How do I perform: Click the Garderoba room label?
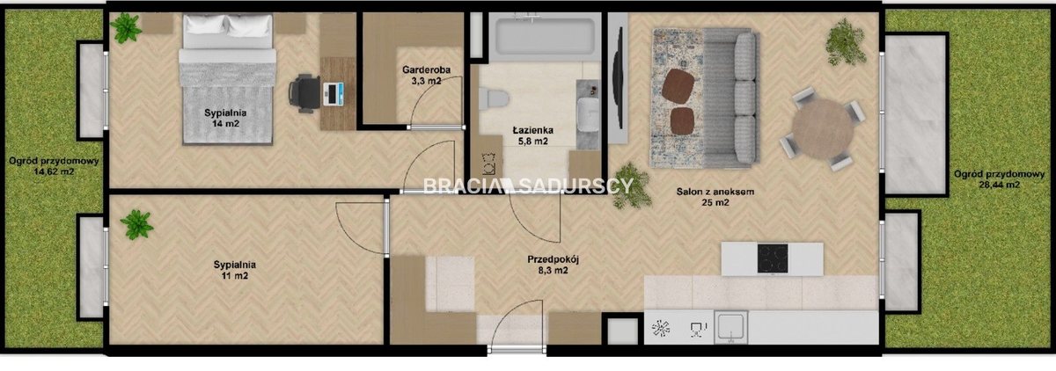[426, 76]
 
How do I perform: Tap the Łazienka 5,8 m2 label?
[532, 135]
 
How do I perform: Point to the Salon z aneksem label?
[715, 197]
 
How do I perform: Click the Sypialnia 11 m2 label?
[234, 270]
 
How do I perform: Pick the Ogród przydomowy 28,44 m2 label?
[1000, 179]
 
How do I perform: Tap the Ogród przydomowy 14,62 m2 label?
[54, 166]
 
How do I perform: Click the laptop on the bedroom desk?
[334, 94]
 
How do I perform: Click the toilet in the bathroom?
[494, 98]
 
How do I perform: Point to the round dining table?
[822, 129]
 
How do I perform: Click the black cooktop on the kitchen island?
[773, 258]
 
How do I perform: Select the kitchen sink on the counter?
[730, 327]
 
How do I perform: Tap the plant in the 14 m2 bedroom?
[126, 28]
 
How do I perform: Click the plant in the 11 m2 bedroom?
[136, 224]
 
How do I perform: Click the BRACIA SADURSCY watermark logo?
[528, 185]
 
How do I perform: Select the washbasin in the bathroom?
[588, 114]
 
